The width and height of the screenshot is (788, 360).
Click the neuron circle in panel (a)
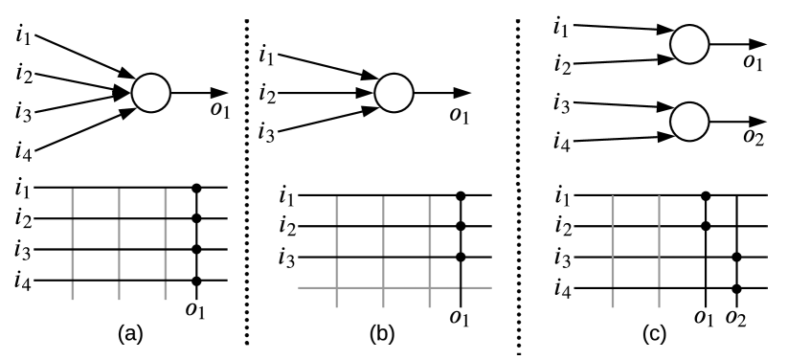tap(150, 92)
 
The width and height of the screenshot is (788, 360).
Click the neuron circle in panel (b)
tap(394, 93)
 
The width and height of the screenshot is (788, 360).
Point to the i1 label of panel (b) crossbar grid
tap(283, 197)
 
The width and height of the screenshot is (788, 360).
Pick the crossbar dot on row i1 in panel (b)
tap(461, 196)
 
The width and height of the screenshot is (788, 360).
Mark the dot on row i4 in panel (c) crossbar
tap(736, 288)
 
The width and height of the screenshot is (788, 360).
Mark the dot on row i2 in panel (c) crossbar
tap(706, 227)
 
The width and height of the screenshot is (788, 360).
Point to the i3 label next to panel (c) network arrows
tap(562, 102)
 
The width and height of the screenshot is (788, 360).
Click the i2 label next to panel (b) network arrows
tap(268, 94)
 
